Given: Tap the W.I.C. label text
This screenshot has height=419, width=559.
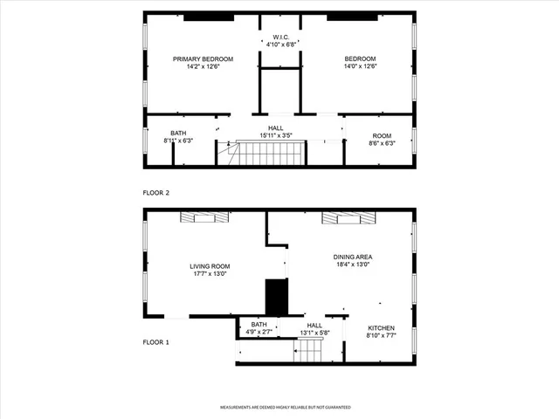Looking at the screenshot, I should pyautogui.click(x=279, y=37).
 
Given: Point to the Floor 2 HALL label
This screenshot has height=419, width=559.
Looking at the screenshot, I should pyautogui.click(x=275, y=128).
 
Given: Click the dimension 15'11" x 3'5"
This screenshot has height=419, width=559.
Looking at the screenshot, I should pyautogui.click(x=275, y=135).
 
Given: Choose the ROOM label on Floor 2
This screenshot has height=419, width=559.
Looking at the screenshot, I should pyautogui.click(x=383, y=135).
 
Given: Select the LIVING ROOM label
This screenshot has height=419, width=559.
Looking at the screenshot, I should pyautogui.click(x=210, y=266).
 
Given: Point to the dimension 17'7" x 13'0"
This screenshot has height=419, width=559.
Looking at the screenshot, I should pyautogui.click(x=210, y=274).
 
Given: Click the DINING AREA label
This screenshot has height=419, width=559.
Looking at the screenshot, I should pyautogui.click(x=354, y=257).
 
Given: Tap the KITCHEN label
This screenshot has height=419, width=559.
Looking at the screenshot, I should pyautogui.click(x=382, y=328).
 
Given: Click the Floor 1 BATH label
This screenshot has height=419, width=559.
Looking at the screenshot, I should pyautogui.click(x=259, y=325).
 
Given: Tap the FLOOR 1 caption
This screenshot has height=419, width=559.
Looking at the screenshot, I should pyautogui.click(x=156, y=342).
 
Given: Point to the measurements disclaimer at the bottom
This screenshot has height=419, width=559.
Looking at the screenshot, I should pyautogui.click(x=285, y=408).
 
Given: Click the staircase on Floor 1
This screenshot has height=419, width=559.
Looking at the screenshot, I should pyautogui.click(x=307, y=351).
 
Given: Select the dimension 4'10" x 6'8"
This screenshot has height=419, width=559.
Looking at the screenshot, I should pyautogui.click(x=279, y=44).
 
